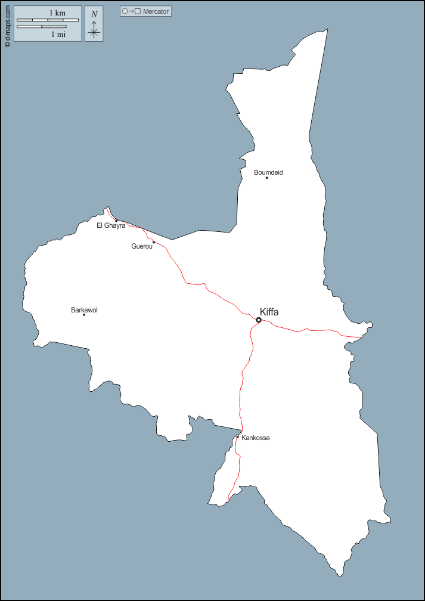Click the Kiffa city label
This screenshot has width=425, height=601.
269,312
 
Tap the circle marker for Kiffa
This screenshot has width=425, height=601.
259,320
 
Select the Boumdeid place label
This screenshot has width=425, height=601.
268,172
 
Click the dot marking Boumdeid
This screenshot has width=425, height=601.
266,178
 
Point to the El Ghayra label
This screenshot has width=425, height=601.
111,225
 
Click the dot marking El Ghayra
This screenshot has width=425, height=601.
116,221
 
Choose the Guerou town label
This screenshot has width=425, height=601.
142,246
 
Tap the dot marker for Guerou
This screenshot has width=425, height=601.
153,242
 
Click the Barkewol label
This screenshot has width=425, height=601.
84,310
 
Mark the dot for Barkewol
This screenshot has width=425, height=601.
84,315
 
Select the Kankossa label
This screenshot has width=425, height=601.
256,438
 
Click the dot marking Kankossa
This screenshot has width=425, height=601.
237,437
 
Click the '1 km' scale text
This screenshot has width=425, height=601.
57,13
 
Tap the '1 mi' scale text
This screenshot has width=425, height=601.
58,35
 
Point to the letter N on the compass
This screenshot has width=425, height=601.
94,14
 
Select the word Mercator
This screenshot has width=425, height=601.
156,11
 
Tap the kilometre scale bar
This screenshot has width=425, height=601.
48,20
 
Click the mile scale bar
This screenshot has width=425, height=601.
42,27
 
